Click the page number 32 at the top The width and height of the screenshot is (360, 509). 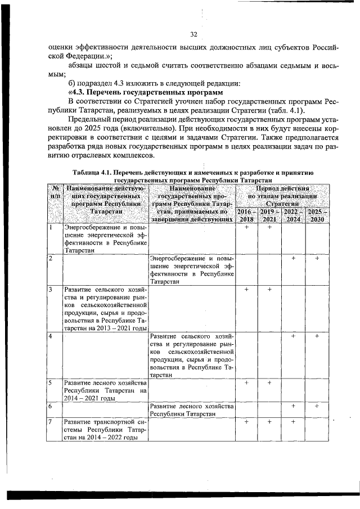[x=192, y=35]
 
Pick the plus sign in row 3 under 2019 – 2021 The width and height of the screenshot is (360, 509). [x=269, y=289]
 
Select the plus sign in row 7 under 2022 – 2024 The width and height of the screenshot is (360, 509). [x=293, y=421]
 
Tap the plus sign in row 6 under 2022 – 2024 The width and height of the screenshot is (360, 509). [x=293, y=406]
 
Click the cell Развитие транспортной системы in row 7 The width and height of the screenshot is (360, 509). [x=105, y=429]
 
